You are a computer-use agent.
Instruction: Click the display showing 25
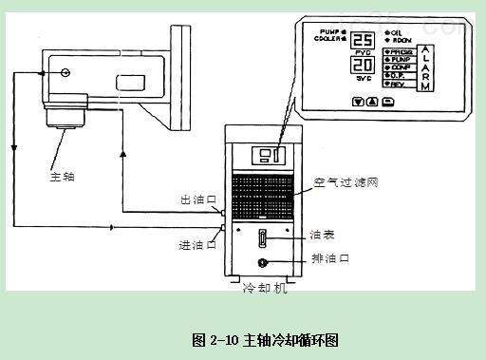(x=362, y=42)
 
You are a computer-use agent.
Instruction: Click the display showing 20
(x=362, y=66)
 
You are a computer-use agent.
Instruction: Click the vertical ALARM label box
(x=427, y=66)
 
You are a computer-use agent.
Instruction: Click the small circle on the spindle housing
(x=65, y=72)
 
